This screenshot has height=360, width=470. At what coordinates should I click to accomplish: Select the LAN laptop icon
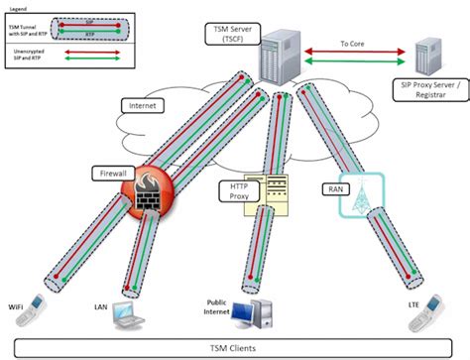click(x=131, y=314)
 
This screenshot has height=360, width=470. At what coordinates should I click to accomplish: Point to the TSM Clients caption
click(x=234, y=347)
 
